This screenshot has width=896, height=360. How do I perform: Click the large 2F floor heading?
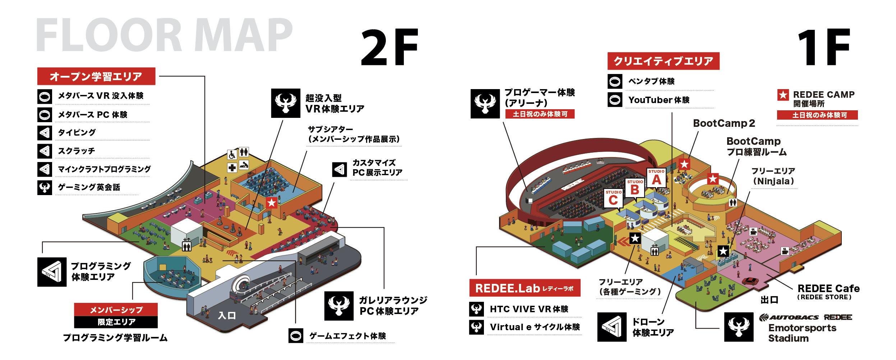click(x=390, y=47)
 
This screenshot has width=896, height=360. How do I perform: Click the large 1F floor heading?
click(x=823, y=47)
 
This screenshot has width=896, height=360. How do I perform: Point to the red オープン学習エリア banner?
click(x=96, y=76)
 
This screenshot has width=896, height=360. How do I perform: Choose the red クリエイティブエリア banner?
click(x=663, y=61)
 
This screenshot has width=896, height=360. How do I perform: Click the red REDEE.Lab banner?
click(x=525, y=288)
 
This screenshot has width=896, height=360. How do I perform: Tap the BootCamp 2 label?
click(x=724, y=123)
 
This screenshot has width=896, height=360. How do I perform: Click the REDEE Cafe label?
click(x=828, y=289)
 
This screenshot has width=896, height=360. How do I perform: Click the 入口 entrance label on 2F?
click(x=227, y=316)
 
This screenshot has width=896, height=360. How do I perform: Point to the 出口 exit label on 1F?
click(x=769, y=300)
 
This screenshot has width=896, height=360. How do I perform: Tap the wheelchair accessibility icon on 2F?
click(x=232, y=155)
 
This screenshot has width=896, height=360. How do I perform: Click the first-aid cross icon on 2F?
click(x=232, y=168)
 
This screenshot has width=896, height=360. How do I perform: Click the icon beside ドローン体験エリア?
click(x=612, y=327)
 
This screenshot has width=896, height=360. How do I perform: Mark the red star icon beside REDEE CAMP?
click(x=783, y=95)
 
